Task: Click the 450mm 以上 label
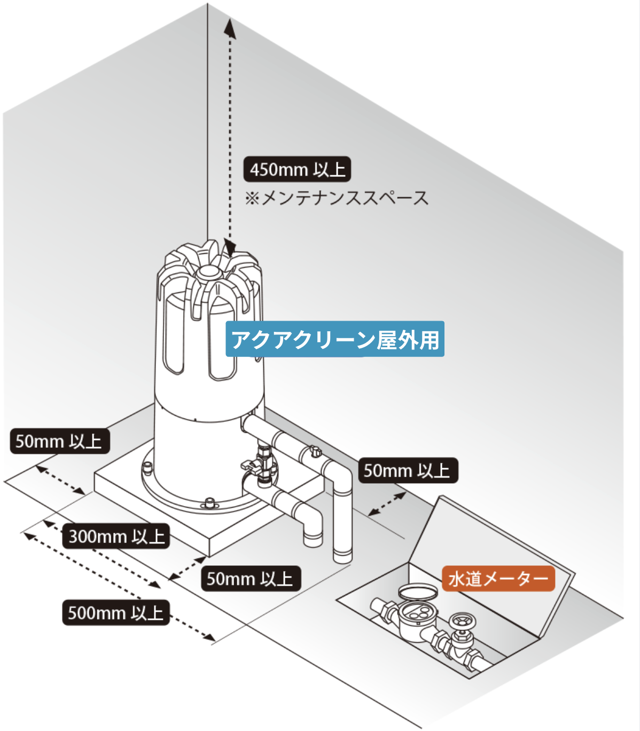pos(297,169)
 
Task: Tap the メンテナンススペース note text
pos(345,198)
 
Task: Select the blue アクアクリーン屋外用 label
pos(335,339)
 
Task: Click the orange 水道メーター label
pos(498,579)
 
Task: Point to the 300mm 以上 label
pos(116,536)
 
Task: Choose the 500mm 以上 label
pos(115,612)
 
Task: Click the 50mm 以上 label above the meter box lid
pos(408,471)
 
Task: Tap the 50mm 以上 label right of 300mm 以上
pos(250,579)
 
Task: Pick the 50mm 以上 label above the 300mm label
pos(59,441)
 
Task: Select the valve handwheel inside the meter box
pos(459,622)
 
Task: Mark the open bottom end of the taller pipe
pos(342,558)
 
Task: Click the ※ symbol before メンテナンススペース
pos(252,199)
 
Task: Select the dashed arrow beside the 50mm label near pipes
pos(387,504)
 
